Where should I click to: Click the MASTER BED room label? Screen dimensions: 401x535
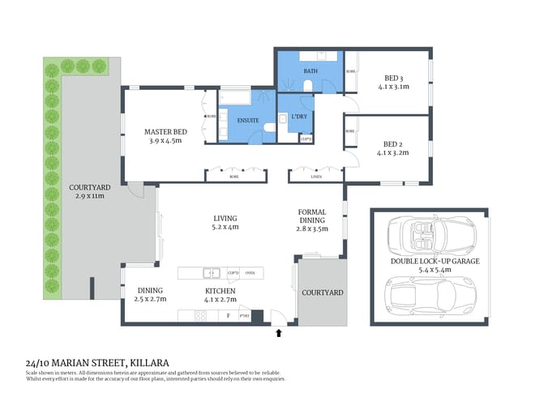click(166, 131)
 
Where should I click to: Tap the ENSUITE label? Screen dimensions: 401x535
click(248, 121)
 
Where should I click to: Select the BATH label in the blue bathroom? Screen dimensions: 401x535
click(310, 71)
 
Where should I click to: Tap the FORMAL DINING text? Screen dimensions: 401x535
click(311, 215)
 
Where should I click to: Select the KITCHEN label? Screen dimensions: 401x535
click(220, 290)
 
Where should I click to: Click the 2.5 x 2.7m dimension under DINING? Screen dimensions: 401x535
click(150, 299)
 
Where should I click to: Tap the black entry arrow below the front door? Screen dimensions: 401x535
click(280, 332)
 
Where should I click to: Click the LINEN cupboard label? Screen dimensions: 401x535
click(316, 176)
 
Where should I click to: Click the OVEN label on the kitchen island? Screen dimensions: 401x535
click(250, 273)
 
